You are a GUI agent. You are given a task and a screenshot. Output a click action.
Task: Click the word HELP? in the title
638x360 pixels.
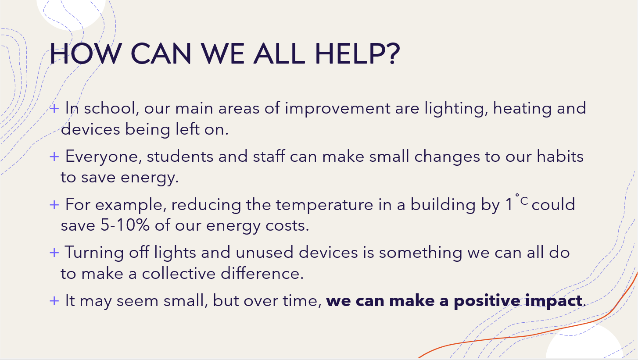click(357, 53)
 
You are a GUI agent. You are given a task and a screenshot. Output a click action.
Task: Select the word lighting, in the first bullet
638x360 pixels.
click(456, 109)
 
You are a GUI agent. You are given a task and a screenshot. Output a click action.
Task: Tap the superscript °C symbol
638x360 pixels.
click(522, 200)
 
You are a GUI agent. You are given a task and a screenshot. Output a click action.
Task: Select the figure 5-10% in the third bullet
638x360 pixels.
click(125, 225)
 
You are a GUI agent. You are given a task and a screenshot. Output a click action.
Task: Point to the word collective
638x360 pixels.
click(179, 274)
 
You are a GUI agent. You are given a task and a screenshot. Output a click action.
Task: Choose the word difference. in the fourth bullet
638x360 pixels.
click(262, 274)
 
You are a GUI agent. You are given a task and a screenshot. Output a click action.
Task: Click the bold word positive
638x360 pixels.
click(487, 301)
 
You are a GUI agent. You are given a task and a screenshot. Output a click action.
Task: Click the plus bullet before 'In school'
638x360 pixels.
click(54, 108)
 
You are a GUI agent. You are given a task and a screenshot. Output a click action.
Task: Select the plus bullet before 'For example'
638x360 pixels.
click(54, 205)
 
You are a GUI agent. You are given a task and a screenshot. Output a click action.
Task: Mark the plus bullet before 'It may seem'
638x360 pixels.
click(54, 301)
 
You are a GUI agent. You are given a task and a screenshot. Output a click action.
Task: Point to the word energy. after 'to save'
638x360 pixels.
click(150, 178)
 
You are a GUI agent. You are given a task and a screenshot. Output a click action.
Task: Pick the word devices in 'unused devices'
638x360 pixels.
click(328, 253)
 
